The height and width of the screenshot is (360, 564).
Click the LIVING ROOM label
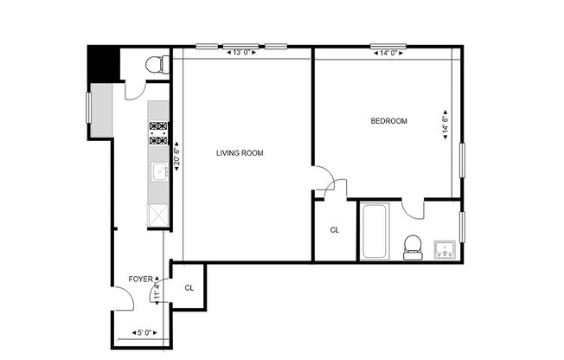pos(240,153)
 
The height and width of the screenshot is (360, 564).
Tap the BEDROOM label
pos(388,121)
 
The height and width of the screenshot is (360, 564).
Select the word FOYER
pos(140,279)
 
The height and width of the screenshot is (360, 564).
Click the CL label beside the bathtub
pos(335,230)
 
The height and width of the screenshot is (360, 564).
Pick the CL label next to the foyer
pos(189,287)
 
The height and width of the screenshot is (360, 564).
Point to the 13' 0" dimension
pos(241,53)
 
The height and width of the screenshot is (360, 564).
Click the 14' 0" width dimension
pos(388,53)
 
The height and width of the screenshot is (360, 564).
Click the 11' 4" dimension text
pos(157,289)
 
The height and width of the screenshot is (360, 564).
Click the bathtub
pos(375,232)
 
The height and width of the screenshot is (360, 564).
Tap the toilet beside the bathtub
pos(413,246)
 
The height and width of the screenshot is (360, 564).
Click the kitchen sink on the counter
pos(159,172)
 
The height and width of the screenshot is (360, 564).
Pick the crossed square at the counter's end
pos(160,213)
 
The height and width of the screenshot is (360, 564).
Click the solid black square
pos(103,62)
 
